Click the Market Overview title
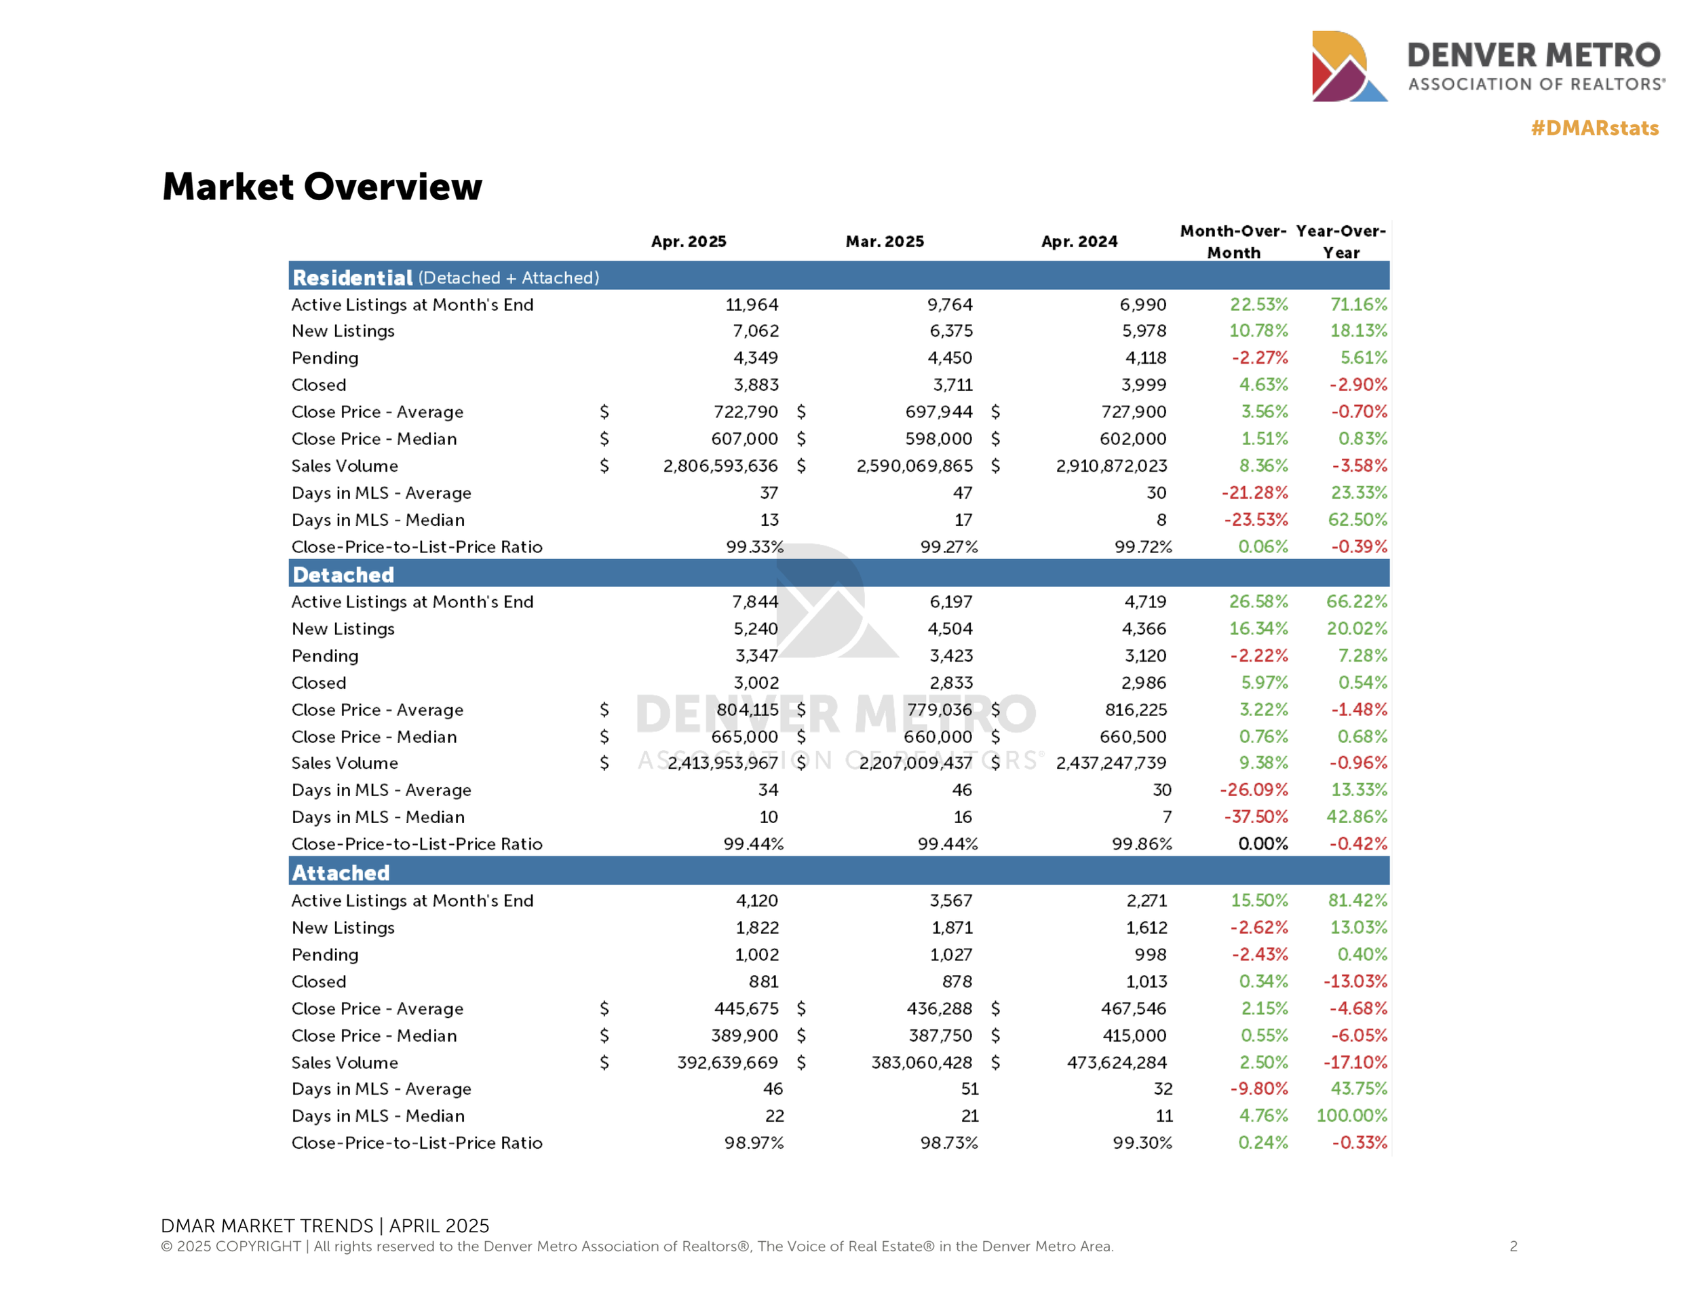pos(322,187)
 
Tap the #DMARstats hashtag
pos(1594,128)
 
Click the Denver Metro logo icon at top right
pos(1348,66)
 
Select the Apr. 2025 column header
pos(688,242)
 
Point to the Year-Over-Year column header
pos(1341,242)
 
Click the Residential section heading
pos(352,278)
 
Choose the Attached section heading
pos(341,872)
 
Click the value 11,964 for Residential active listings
pos(751,305)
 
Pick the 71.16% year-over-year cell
pos(1358,305)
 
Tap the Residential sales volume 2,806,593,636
pos(720,466)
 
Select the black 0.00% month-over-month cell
pos(1263,843)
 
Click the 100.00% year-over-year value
pos(1351,1116)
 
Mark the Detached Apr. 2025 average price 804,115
pos(747,710)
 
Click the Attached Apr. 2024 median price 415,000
pos(1134,1035)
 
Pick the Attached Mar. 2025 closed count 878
pos(957,982)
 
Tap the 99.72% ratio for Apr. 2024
pos(1143,547)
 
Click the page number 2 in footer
pos(1514,1247)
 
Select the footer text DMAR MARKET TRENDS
pos(267,1225)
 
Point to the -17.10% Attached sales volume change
pos(1355,1063)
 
